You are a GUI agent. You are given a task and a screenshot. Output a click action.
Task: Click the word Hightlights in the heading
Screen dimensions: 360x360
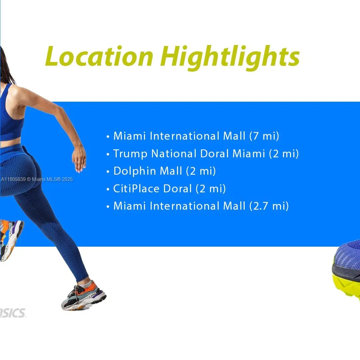tap(230, 57)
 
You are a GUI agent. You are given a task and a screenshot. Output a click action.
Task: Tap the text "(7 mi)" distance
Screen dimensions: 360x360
tap(264, 136)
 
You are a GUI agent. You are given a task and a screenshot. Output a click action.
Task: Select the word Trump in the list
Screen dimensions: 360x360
tap(130, 154)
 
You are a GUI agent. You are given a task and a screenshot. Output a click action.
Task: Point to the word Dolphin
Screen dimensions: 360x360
tap(135, 171)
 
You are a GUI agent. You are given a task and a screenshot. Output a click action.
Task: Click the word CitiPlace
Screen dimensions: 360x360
tap(136, 189)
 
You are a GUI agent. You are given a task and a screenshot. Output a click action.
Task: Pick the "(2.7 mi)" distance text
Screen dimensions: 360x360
tap(269, 206)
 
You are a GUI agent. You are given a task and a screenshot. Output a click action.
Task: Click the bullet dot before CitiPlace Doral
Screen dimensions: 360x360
tap(108, 189)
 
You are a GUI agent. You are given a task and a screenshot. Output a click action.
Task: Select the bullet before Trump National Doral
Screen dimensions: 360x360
tap(108, 154)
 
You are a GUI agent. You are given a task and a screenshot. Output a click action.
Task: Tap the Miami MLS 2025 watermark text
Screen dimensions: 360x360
tap(37, 179)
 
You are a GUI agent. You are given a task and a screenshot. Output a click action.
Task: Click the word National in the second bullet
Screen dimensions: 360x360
tap(174, 154)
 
